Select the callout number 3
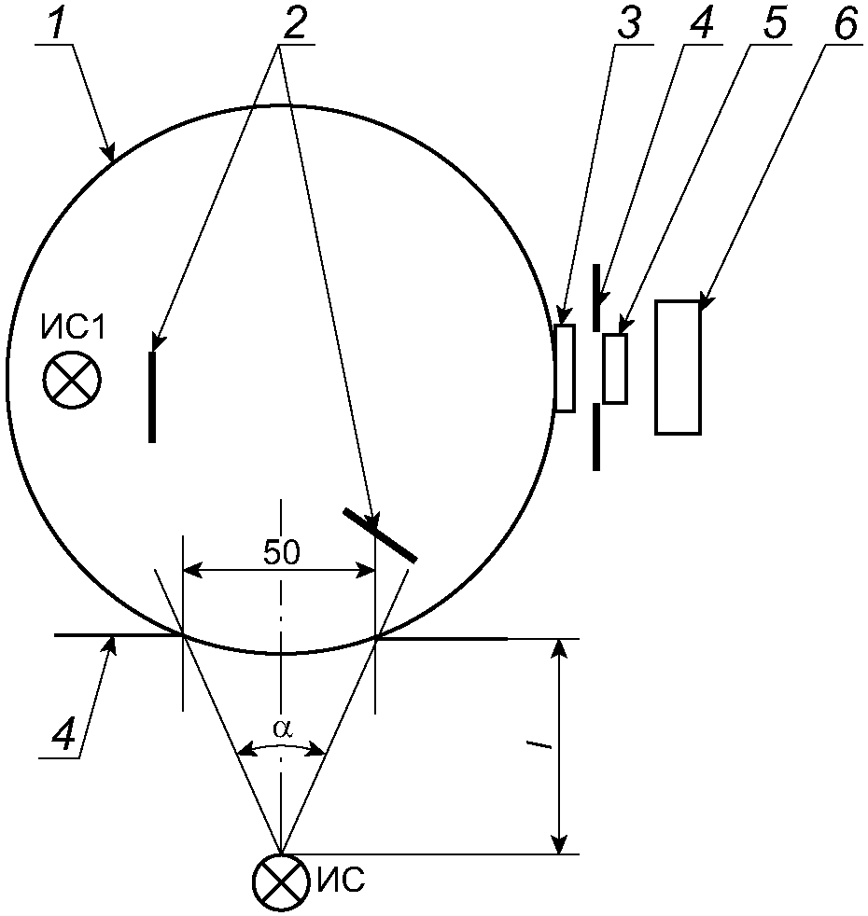[628, 23]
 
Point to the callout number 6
[845, 23]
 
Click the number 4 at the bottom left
[63, 731]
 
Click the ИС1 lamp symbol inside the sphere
[72, 381]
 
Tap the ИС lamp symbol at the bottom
[280, 882]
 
